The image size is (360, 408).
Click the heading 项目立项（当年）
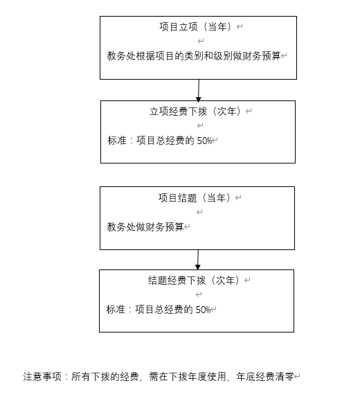pyautogui.click(x=195, y=26)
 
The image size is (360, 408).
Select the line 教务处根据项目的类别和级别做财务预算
pyautogui.click(x=194, y=55)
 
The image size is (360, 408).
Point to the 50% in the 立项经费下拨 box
pyautogui.click(x=204, y=141)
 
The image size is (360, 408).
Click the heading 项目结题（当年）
pyautogui.click(x=195, y=198)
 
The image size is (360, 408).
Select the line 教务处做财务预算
pyautogui.click(x=145, y=227)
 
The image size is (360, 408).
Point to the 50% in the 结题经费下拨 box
pyautogui.click(x=203, y=310)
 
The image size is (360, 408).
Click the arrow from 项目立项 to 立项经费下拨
pyautogui.click(x=199, y=90)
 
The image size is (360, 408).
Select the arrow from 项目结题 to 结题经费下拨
pyautogui.click(x=198, y=260)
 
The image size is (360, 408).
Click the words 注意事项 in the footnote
pyautogui.click(x=42, y=377)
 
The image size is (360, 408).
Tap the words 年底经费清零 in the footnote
pyautogui.click(x=264, y=377)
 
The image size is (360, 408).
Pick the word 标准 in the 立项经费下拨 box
pyautogui.click(x=117, y=141)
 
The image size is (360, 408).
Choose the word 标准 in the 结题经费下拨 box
pyautogui.click(x=116, y=310)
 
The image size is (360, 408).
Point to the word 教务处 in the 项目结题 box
pyautogui.click(x=121, y=227)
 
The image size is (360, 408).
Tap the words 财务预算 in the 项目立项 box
pyautogui.click(x=262, y=55)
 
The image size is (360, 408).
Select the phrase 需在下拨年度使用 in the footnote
pyautogui.click(x=188, y=377)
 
